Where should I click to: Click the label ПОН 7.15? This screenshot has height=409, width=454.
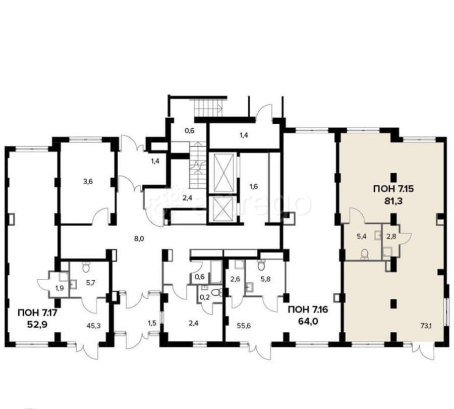[393, 189]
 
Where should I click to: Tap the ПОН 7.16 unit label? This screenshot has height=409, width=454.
[308, 310]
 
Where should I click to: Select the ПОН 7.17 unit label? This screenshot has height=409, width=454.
[38, 313]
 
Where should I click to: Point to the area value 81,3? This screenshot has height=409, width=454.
[393, 201]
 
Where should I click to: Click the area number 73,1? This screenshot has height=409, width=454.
[426, 326]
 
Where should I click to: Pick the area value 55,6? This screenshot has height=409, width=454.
[244, 326]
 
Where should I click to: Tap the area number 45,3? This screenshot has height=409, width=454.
[93, 326]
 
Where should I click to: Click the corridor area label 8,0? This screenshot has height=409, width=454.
[139, 239]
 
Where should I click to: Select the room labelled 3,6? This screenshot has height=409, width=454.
[88, 182]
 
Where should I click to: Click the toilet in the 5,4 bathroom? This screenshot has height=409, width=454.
[365, 254]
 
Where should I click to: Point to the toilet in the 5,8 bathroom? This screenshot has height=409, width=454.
[261, 264]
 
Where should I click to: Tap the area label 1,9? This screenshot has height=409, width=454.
[59, 288]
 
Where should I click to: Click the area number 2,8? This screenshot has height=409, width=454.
[391, 236]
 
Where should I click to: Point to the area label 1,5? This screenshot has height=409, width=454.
[152, 323]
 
